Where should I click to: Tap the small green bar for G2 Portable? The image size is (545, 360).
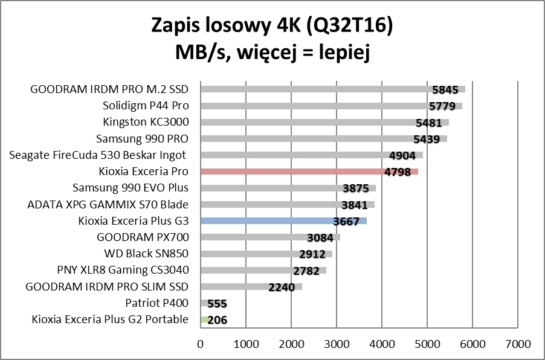pos(204,320)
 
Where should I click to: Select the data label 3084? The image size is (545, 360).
pos(320,238)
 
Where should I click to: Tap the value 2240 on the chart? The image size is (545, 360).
pos(282,288)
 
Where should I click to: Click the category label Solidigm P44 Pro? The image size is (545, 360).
pos(146,106)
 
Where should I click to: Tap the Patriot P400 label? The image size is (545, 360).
pos(157,303)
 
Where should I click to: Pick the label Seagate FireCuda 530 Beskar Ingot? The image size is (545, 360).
pos(98,155)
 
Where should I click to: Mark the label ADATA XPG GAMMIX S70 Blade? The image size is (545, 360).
pos(108,204)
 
